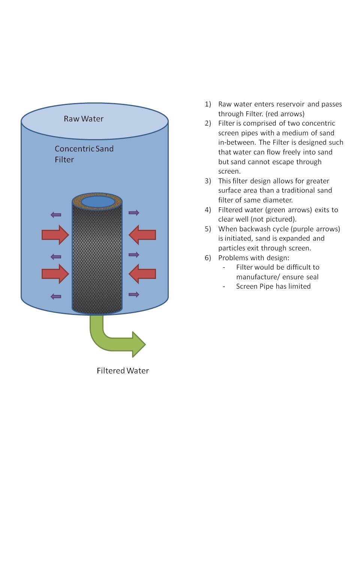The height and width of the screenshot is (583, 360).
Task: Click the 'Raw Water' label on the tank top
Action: [x=84, y=119]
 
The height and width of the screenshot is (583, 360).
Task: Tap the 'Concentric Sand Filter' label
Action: [x=84, y=154]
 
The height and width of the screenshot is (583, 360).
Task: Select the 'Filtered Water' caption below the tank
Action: [x=123, y=371]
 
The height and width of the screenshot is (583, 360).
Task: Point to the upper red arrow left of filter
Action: [x=55, y=235]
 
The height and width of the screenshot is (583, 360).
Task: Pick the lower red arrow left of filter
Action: [x=55, y=274]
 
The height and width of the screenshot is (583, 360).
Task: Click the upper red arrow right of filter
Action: [x=142, y=235]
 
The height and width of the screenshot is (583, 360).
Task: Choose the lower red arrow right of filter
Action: [x=142, y=274]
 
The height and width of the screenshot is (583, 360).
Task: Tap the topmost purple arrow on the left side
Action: [x=56, y=215]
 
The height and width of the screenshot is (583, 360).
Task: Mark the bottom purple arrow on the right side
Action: [x=134, y=294]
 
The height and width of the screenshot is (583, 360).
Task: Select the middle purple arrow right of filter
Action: [x=134, y=255]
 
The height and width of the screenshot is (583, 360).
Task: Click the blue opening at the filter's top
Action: [x=97, y=202]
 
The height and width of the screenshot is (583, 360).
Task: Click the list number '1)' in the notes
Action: [x=208, y=104]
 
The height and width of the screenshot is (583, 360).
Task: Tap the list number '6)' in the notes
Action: [x=208, y=258]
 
